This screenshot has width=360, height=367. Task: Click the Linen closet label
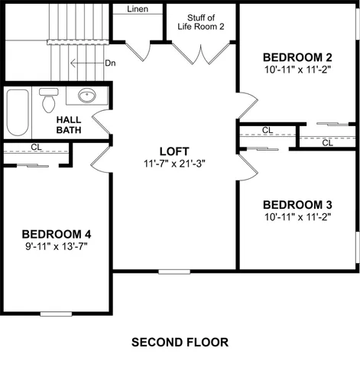click(x=138, y=10)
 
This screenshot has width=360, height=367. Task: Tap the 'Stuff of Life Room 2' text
click(x=202, y=21)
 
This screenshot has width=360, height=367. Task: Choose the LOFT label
click(x=174, y=151)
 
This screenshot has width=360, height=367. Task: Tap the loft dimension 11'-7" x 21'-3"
click(x=174, y=164)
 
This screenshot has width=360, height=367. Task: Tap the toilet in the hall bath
click(x=50, y=100)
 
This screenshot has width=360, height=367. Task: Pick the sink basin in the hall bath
click(x=87, y=96)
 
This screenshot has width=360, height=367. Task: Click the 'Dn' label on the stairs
click(x=110, y=63)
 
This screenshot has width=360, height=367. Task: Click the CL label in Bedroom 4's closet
click(x=36, y=147)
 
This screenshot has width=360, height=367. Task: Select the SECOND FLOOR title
click(x=180, y=342)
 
